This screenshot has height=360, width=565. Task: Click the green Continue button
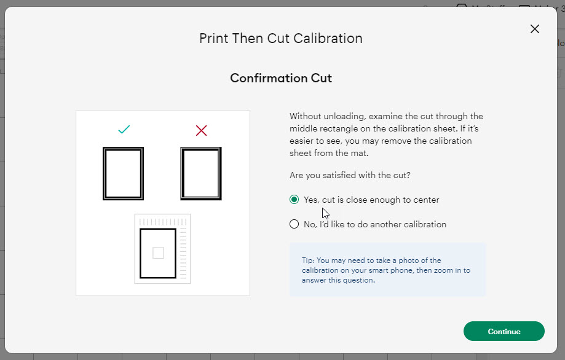coord(504,331)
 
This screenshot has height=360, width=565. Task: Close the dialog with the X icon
coord(534,29)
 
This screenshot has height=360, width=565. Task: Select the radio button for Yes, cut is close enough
coord(294,200)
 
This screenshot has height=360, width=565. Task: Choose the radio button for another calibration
coord(294,224)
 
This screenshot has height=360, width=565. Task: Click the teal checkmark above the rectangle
coord(124,130)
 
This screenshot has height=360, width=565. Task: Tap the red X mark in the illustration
coord(201,130)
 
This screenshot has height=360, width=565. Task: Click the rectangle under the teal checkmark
coord(123,173)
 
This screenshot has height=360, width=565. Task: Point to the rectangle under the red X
coord(201,173)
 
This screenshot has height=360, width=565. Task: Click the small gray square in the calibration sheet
coord(158,252)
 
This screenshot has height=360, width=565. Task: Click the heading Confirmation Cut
coord(281,78)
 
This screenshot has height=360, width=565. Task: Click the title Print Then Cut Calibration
coord(281,38)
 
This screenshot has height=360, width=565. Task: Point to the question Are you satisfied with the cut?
coord(350,175)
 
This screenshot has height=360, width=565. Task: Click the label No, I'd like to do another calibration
coord(374,224)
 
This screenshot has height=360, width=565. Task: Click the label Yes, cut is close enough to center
coord(371,200)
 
